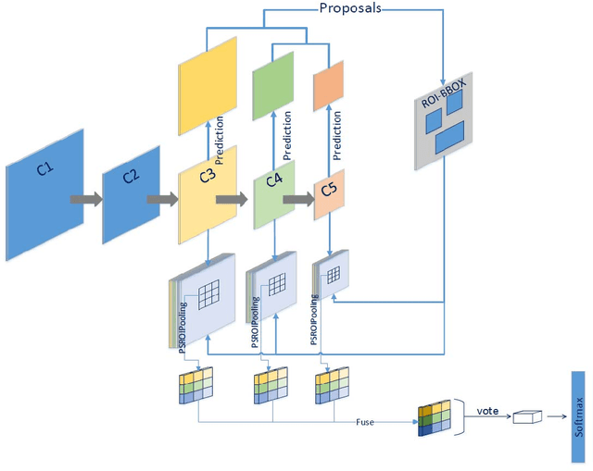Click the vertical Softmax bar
pos(579,403)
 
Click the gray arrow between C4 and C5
pos(296,198)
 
